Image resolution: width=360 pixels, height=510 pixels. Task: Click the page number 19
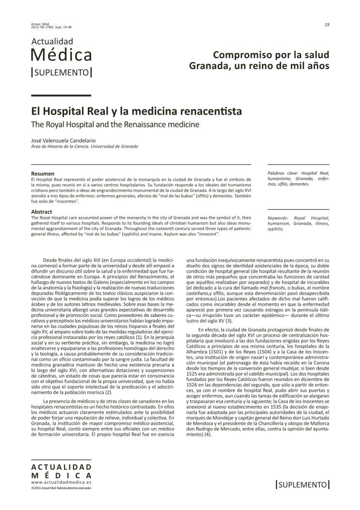coord(327,24)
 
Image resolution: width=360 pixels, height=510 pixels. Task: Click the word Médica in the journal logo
coord(62,55)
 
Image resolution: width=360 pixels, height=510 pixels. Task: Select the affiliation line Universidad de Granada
coord(113,146)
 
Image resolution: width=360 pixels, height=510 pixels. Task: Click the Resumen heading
coord(43,173)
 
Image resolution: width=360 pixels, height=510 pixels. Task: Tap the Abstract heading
coord(42,212)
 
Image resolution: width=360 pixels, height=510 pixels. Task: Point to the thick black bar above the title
coord(61,96)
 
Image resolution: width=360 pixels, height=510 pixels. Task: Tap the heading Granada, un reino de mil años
coord(259,66)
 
